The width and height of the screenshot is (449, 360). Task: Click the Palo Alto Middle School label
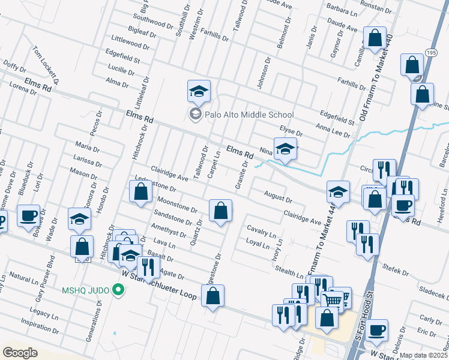click(249, 115)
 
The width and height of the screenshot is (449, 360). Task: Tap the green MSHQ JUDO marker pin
click(118, 291)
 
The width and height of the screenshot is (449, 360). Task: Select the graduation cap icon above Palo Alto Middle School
click(199, 92)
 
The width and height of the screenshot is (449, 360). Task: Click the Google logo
click(20, 352)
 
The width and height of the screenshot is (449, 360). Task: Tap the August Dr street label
click(277, 196)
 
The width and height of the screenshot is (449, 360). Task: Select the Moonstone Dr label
click(177, 205)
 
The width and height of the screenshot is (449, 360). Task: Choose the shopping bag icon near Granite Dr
click(220, 211)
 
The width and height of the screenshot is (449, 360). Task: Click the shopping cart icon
click(333, 299)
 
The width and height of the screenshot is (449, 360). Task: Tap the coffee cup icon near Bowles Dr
click(28, 217)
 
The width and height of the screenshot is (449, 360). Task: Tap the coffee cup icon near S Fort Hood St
click(376, 329)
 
